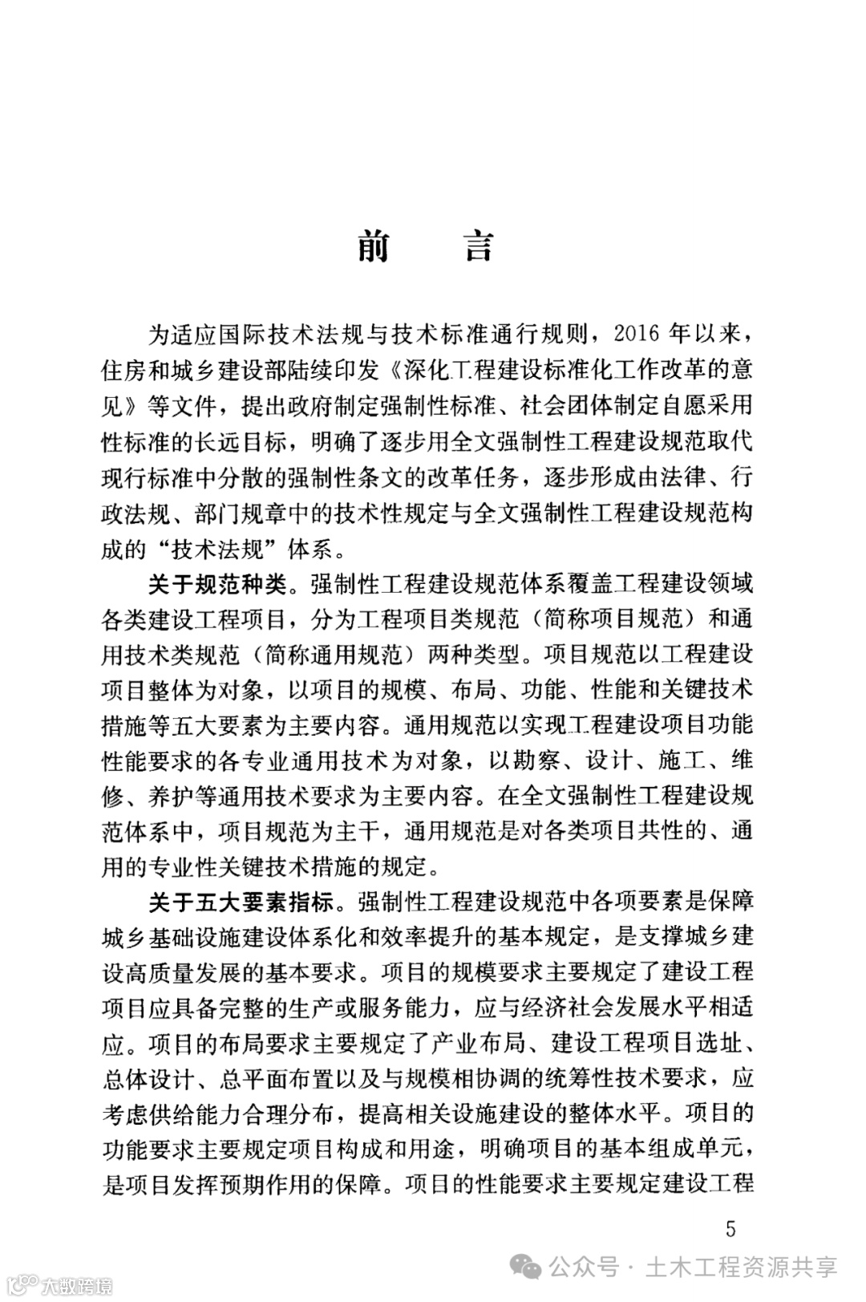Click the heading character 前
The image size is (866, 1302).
[x=373, y=246]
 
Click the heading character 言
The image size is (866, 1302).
[x=479, y=246]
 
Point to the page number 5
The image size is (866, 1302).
[x=729, y=1229]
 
